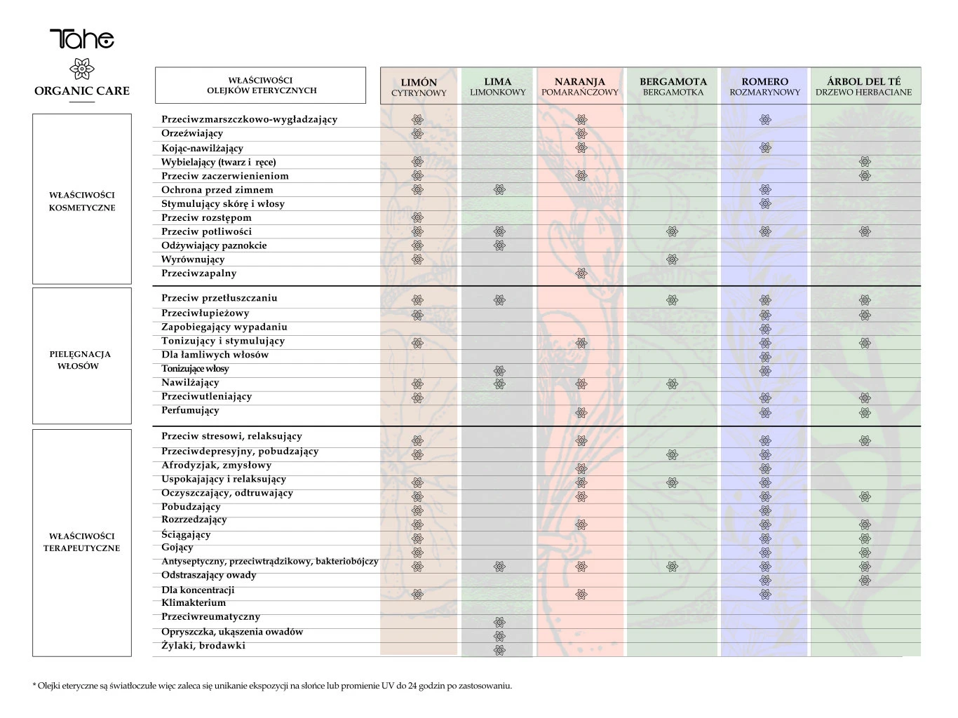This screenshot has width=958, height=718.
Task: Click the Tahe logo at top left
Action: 81,39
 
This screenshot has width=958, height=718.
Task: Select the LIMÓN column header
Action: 419,86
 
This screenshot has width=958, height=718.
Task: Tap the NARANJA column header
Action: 579,86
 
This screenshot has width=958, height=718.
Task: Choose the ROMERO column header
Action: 764,86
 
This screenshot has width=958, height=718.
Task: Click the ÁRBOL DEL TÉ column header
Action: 863,86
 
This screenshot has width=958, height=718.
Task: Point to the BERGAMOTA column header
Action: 673,86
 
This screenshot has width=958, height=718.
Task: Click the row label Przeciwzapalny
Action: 198,273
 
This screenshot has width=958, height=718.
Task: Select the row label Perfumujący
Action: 190,410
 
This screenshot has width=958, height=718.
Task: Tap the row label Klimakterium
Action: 194,603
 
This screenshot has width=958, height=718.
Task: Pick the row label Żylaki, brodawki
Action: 203,646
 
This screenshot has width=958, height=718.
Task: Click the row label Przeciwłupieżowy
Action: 205,313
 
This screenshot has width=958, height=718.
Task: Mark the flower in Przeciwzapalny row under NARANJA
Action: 581,273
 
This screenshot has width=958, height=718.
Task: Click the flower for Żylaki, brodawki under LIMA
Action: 499,650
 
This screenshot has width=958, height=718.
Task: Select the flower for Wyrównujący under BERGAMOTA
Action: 672,259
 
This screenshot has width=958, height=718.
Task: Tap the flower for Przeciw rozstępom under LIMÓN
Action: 417,217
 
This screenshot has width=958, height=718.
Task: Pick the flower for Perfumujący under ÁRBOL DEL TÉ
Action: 865,412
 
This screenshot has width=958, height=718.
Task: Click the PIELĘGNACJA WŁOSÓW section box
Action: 82,356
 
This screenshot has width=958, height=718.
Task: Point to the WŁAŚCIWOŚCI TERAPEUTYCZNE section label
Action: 82,542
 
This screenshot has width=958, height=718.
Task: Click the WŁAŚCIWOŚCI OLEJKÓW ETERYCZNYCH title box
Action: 260,86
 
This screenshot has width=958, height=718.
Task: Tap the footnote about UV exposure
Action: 272,686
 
